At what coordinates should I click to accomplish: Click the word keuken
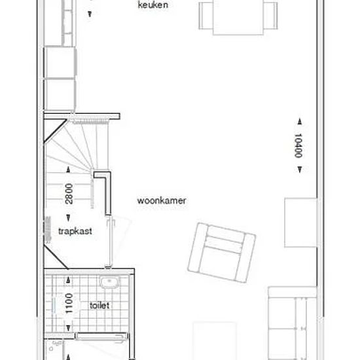153,5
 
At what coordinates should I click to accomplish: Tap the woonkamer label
162,201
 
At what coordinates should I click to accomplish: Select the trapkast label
75,231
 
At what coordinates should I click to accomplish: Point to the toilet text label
99,306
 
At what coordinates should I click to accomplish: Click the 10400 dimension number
298,145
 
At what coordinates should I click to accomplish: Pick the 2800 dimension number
69,194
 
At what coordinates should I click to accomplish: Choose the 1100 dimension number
69,303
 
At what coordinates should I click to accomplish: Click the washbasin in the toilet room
110,282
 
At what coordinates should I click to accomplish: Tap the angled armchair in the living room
221,252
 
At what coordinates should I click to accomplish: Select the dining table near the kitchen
238,17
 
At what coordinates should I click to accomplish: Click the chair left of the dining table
206,16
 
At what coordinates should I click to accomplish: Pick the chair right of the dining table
270,16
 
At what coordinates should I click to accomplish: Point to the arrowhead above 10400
300,122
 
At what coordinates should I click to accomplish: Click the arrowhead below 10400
300,170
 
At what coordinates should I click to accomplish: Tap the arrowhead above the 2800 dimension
68,170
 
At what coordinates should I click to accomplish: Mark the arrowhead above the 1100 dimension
68,280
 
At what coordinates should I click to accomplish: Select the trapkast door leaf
109,242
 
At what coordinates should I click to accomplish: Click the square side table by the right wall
300,223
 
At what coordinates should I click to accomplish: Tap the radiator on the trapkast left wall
48,230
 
